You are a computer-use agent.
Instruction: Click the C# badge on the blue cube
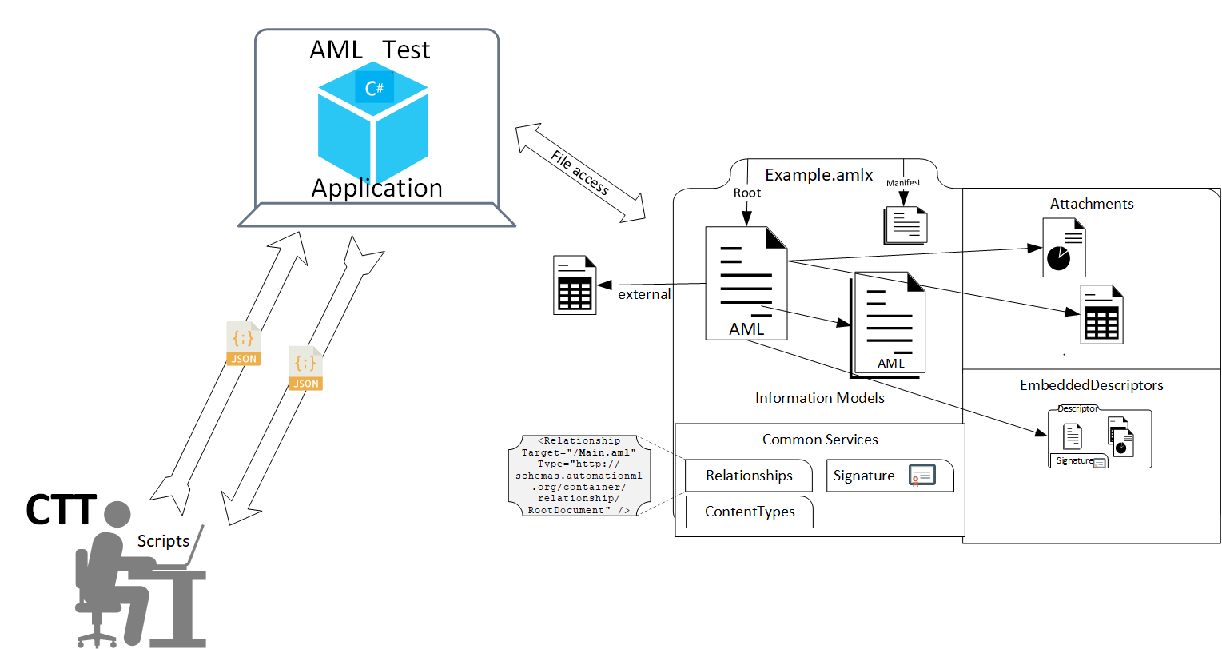tap(374, 87)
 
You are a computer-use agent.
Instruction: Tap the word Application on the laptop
tap(376, 189)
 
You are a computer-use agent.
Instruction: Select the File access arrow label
tap(580, 173)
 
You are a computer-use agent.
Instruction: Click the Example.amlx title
tap(818, 175)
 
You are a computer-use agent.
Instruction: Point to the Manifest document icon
tap(906, 225)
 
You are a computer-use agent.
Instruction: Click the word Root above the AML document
tap(747, 193)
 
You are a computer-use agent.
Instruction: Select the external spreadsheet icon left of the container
tap(575, 285)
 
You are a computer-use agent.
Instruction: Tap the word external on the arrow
tap(644, 294)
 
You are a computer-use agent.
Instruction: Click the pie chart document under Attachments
tap(1064, 248)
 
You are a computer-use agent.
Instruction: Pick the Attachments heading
tap(1091, 204)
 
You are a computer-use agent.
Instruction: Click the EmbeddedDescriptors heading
tap(1091, 385)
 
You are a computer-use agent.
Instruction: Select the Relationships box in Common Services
tap(749, 476)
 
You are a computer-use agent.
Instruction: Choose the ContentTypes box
tap(750, 512)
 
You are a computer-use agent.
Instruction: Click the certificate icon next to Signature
tap(921, 476)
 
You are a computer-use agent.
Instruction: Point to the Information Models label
tap(819, 398)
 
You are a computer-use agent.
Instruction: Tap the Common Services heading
tap(820, 440)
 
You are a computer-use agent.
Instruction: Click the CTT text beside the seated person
tap(61, 510)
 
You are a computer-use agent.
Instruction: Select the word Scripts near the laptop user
tap(163, 541)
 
